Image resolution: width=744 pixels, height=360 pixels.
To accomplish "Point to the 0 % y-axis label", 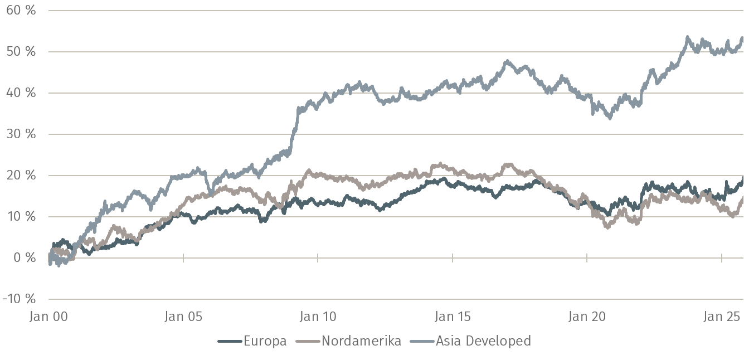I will click(x=23, y=258).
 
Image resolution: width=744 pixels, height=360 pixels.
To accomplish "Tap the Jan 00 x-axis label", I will click(x=48, y=317).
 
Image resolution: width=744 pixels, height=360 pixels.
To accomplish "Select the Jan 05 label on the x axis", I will click(x=183, y=317).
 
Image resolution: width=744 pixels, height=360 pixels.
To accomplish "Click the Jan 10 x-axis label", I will click(x=318, y=317).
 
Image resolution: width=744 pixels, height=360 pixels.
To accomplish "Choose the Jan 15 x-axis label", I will click(x=453, y=317).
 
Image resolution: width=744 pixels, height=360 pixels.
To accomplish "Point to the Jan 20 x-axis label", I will click(x=587, y=317).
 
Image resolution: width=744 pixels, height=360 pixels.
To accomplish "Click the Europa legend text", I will click(x=265, y=341).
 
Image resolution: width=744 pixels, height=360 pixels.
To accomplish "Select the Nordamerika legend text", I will click(x=361, y=341).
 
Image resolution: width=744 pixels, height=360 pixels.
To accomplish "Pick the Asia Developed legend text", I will click(x=483, y=341).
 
